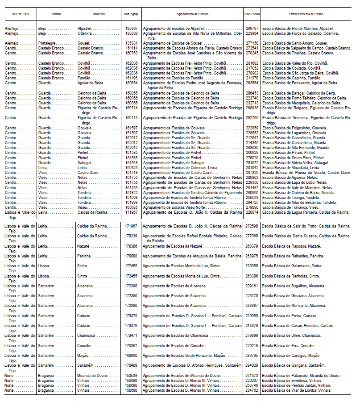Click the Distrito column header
[56, 14]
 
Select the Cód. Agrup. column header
[132, 14]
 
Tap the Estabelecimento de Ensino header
[306, 14]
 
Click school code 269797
[252, 28]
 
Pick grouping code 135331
[131, 43]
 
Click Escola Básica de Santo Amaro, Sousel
[295, 43]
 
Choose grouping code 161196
[131, 78]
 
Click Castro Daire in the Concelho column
[89, 172]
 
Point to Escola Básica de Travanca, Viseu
[291, 207]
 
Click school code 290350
[252, 265]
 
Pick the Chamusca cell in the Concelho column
[87, 335]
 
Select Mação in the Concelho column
[84, 355]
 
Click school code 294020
[252, 365]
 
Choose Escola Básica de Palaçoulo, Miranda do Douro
[301, 375]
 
